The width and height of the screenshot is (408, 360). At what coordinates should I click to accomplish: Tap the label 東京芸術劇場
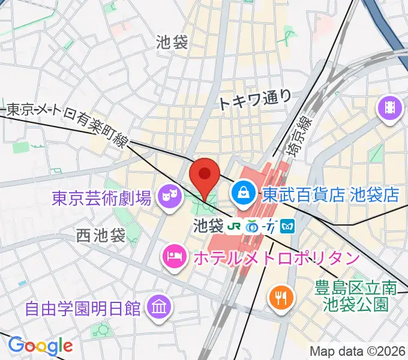tap(101, 197)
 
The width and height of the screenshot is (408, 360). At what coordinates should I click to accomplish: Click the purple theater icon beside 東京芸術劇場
tap(169, 195)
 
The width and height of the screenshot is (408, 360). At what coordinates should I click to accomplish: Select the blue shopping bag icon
tap(244, 193)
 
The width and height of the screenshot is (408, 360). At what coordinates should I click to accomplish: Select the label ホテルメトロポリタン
tap(275, 259)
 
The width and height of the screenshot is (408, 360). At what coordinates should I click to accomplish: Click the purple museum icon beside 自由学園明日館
tap(160, 308)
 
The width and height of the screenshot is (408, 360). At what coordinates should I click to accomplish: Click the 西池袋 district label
tap(100, 236)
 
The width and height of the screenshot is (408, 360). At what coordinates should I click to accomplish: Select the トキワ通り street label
tap(256, 100)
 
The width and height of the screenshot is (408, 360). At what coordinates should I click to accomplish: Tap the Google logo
tap(40, 346)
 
